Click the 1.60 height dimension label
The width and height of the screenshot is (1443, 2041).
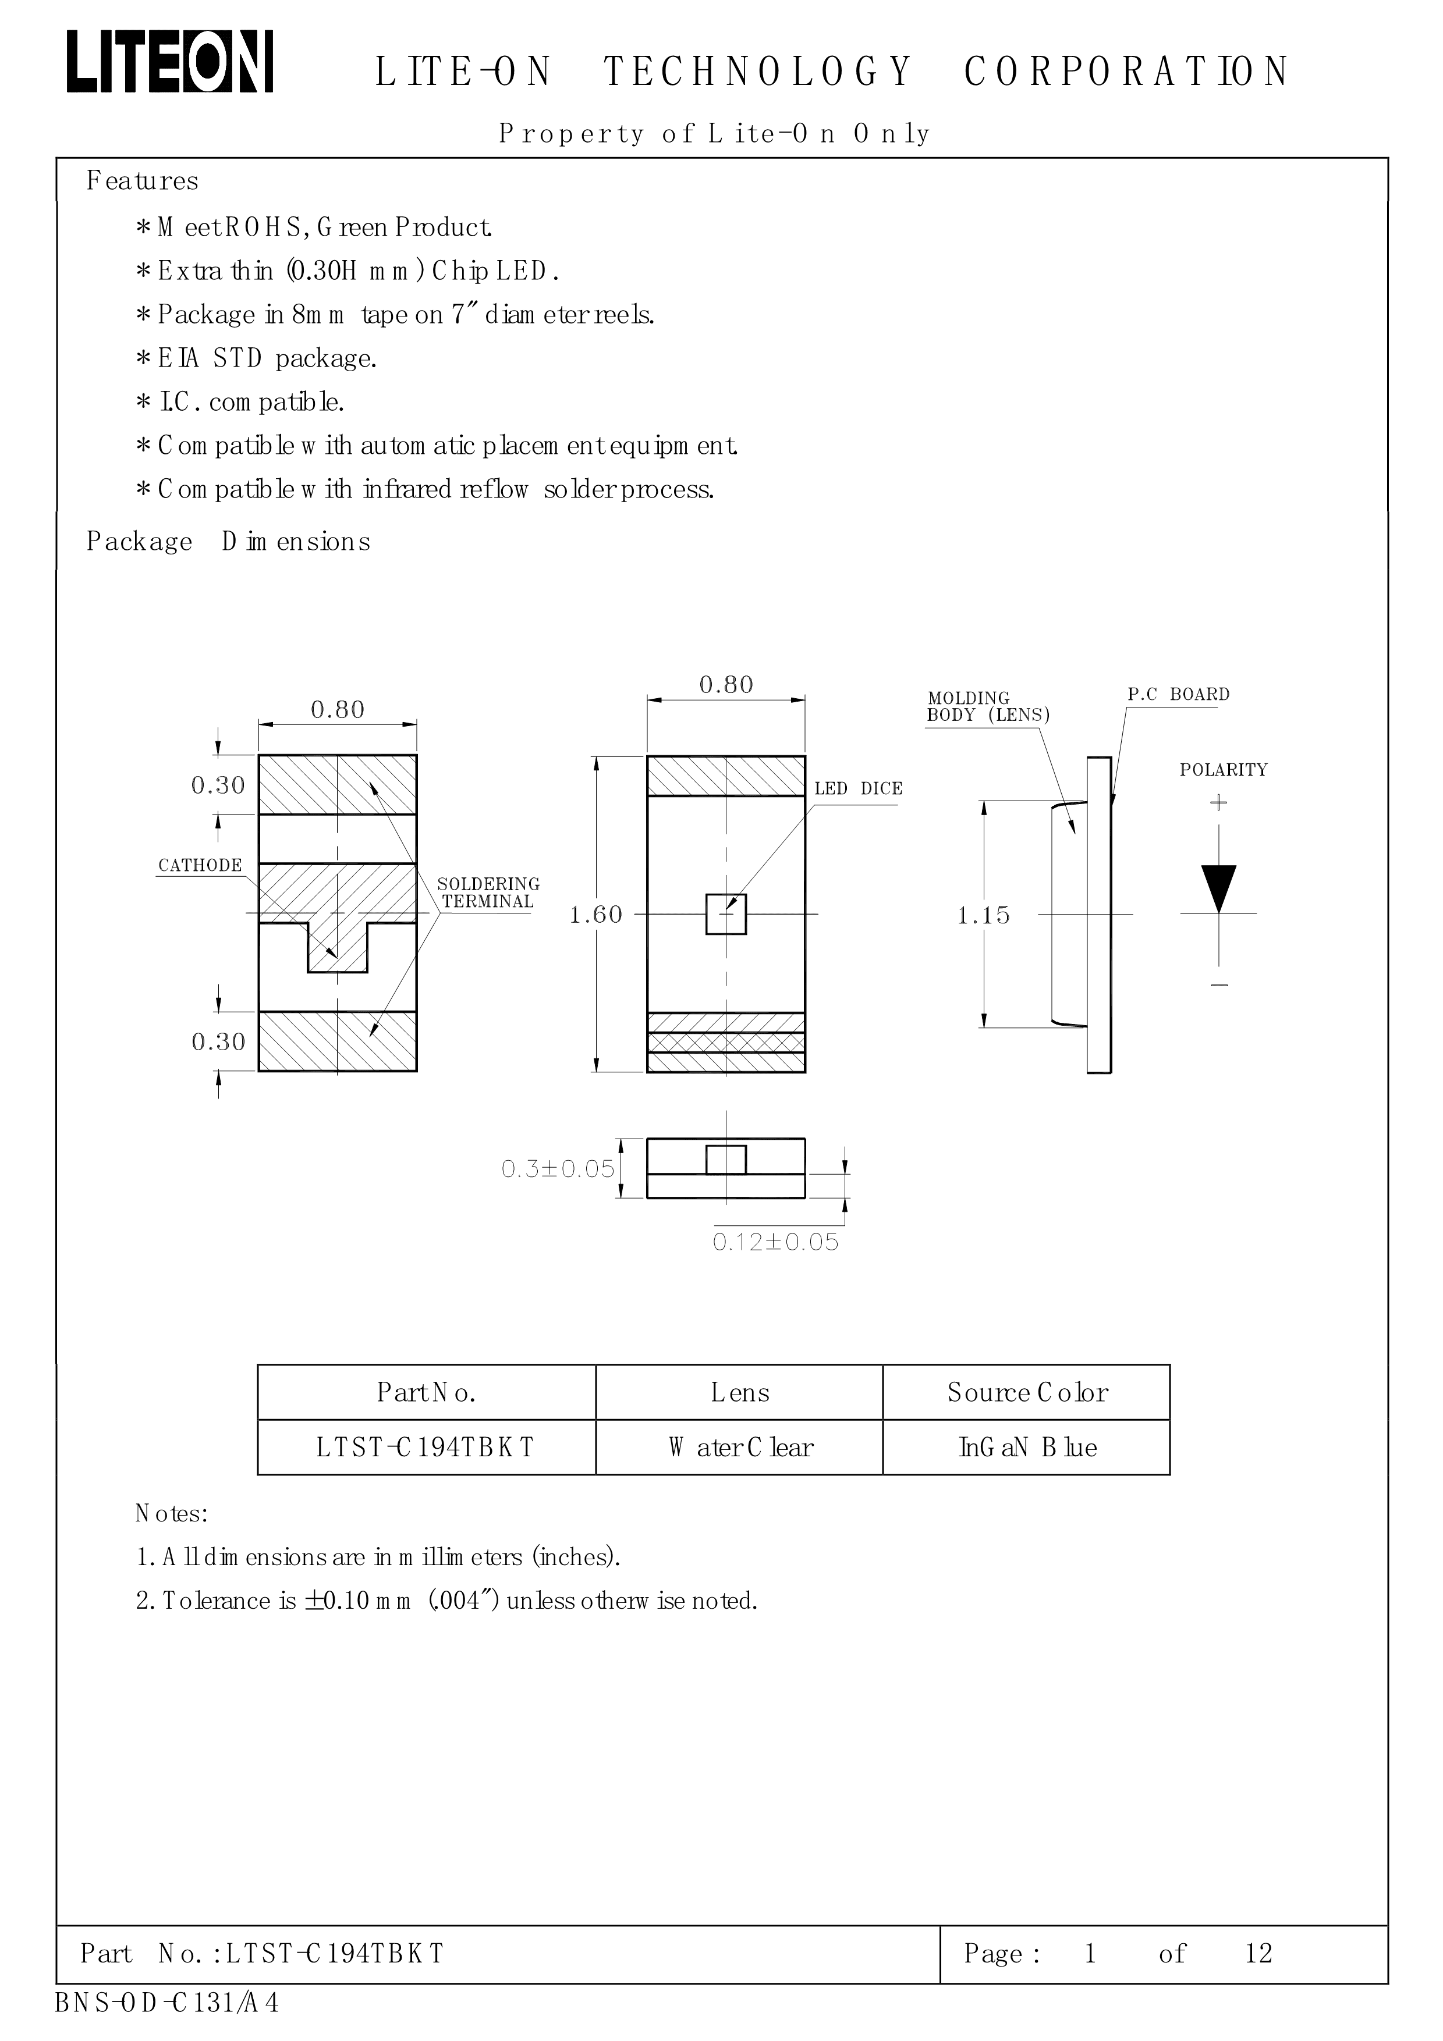click(595, 915)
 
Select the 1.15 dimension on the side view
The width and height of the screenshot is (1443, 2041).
click(983, 916)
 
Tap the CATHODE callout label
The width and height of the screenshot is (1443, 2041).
click(200, 866)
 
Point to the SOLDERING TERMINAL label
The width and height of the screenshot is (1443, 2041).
click(488, 893)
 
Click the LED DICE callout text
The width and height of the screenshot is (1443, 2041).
click(858, 788)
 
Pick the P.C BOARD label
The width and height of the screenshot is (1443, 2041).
click(1178, 694)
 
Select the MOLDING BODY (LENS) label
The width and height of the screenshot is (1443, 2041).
click(987, 707)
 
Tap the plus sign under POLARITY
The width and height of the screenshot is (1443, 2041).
click(1218, 803)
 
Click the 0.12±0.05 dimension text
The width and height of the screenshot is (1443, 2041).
click(775, 1242)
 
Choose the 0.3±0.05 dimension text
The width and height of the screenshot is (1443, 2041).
click(558, 1169)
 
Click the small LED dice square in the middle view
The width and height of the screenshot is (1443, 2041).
click(725, 914)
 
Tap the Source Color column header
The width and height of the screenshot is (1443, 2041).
click(1027, 1392)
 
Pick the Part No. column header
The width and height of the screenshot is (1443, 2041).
click(427, 1392)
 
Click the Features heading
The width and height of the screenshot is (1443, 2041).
click(142, 182)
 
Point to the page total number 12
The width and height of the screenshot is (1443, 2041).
click(1258, 1953)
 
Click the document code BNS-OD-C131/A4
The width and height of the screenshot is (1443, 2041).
click(167, 2003)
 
